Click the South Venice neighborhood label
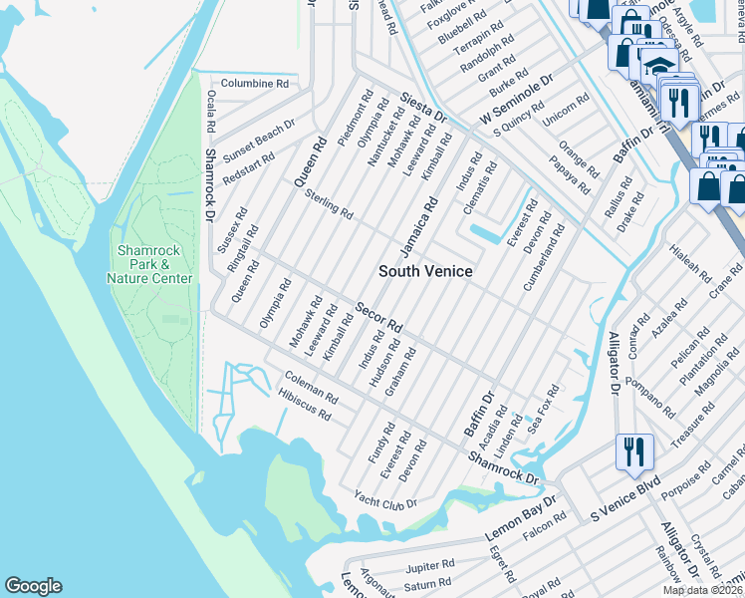[x=425, y=271]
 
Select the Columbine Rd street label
[x=254, y=84]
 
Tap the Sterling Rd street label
[x=329, y=203]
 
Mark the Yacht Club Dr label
[x=385, y=501]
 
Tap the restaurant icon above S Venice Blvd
[x=632, y=450]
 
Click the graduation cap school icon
[x=657, y=64]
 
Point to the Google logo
[x=33, y=586]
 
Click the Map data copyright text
[x=703, y=590]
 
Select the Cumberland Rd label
[x=544, y=258]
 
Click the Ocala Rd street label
[x=210, y=114]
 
